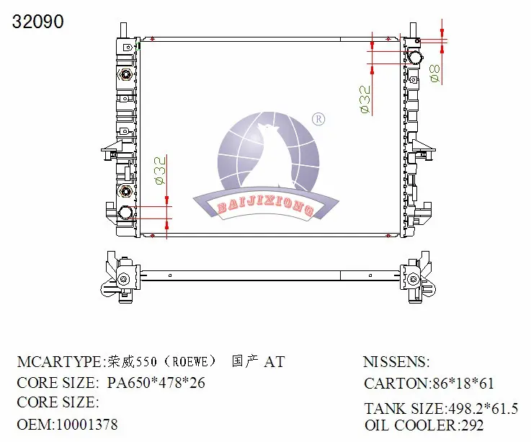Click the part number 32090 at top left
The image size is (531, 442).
pyautogui.click(x=37, y=22)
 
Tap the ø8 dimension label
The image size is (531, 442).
pyautogui.click(x=435, y=73)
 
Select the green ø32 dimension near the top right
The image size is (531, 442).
pyautogui.click(x=365, y=99)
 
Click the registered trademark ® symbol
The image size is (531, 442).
pyautogui.click(x=317, y=118)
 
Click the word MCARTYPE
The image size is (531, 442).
pyautogui.click(x=60, y=361)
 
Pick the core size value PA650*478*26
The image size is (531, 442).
pyautogui.click(x=156, y=383)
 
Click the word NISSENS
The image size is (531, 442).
pyautogui.click(x=395, y=361)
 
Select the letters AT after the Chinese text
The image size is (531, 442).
pyautogui.click(x=274, y=362)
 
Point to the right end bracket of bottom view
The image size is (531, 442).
pyautogui.click(x=416, y=278)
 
